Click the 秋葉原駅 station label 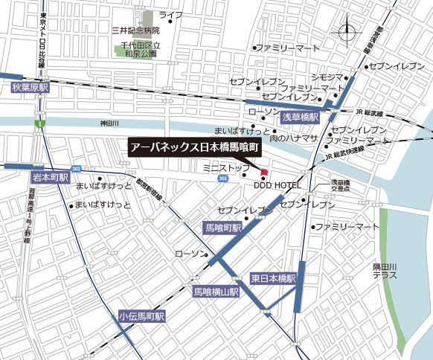29,88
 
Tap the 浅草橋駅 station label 300,118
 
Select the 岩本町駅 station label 50,178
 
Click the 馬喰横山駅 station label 216,292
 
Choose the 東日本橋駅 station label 273,278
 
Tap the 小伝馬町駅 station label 141,316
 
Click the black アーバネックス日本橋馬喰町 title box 193,147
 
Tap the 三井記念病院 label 135,30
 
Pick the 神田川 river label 109,123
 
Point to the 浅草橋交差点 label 341,186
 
